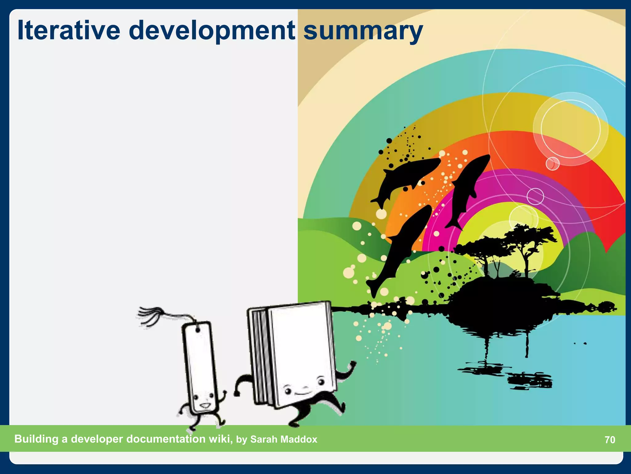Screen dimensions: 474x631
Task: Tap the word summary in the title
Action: click(363, 31)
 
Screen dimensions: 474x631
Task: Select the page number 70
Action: click(610, 439)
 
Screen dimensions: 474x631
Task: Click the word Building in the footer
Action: click(36, 439)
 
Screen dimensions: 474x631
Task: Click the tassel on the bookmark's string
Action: click(151, 315)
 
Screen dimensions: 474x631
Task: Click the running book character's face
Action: click(303, 387)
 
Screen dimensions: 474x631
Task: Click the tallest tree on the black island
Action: click(527, 244)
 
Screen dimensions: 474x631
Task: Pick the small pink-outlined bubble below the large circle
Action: click(552, 163)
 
